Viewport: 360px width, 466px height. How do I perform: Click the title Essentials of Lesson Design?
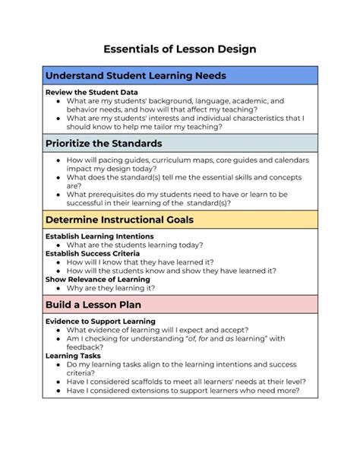179,49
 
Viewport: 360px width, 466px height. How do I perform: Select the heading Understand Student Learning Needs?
136,76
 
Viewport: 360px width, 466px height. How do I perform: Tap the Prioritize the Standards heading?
104,143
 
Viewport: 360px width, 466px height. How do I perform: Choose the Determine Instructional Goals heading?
119,220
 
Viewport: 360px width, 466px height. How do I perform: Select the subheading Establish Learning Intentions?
99,236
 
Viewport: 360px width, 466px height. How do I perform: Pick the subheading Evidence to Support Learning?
100,321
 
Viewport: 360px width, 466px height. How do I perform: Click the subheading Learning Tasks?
73,356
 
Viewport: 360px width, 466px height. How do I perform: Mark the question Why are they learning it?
111,288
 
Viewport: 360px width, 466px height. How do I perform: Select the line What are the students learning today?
134,245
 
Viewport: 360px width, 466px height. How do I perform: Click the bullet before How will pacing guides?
59,160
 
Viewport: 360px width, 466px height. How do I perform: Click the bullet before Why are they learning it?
59,288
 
